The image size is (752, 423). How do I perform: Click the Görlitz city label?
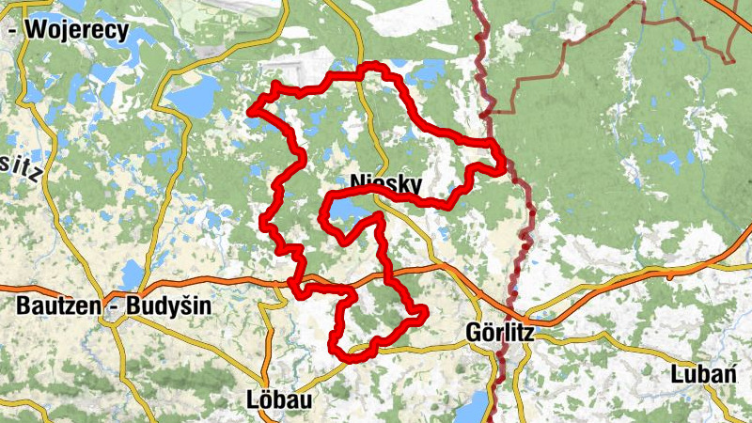[x=501, y=332]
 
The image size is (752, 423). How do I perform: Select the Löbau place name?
[x=278, y=399]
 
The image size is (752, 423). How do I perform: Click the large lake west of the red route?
[x=195, y=97]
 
